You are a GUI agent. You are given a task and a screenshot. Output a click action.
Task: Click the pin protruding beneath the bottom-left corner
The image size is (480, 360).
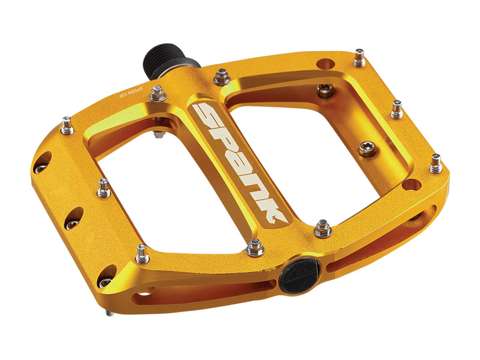point(110,313)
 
